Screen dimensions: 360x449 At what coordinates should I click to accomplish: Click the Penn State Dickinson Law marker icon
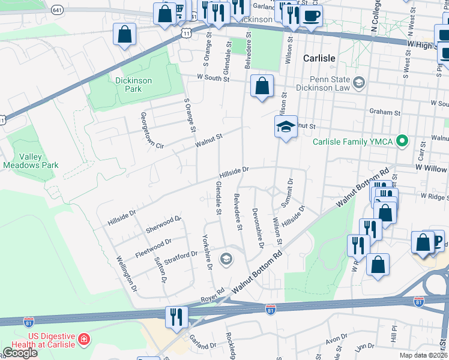[x=360, y=82]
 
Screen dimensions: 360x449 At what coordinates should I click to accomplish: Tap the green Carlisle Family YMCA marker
[x=404, y=142]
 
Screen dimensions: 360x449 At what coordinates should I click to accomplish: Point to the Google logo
[x=19, y=353]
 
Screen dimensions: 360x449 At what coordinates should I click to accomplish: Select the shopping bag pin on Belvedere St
[x=262, y=86]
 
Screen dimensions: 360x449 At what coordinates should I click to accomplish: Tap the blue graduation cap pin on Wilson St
[x=286, y=127]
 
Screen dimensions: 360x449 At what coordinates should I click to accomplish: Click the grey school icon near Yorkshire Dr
[x=226, y=259]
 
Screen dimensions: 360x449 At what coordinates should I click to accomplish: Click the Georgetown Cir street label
[x=151, y=130]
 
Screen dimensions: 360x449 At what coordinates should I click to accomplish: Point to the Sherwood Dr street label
[x=163, y=225]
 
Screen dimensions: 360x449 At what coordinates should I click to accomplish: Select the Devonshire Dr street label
[x=257, y=228]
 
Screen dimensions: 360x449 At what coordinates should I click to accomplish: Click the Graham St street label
[x=385, y=112]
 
